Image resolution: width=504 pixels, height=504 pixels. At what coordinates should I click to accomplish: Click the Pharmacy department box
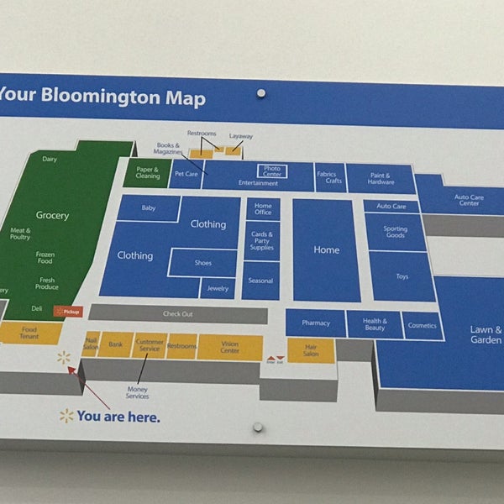click(x=316, y=323)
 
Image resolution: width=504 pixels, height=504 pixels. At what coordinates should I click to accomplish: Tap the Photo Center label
click(x=272, y=171)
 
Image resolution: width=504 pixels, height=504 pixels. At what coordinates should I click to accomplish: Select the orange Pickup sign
click(x=68, y=311)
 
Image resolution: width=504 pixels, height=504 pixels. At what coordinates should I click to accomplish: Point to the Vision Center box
click(x=229, y=347)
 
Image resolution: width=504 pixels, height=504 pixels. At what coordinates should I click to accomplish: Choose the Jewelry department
click(x=218, y=287)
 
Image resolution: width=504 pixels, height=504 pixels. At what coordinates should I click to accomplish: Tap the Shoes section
click(x=203, y=263)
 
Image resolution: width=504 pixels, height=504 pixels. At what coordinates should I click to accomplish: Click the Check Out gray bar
click(x=177, y=314)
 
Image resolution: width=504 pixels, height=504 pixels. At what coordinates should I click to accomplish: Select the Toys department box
click(x=402, y=276)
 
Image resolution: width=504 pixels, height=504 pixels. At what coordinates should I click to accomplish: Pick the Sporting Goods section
click(x=395, y=232)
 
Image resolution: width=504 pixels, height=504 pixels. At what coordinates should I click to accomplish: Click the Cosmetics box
click(x=423, y=325)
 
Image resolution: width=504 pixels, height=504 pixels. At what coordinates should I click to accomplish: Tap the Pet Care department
click(x=186, y=175)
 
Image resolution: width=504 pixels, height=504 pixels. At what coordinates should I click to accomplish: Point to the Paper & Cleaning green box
click(x=148, y=173)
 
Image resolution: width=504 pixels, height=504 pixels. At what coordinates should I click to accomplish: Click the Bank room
click(x=116, y=344)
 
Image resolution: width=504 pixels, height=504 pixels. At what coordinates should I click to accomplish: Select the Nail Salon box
click(x=91, y=344)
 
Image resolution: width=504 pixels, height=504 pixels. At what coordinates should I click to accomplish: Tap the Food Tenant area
click(x=29, y=333)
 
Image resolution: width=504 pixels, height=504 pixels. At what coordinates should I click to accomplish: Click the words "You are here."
click(x=118, y=416)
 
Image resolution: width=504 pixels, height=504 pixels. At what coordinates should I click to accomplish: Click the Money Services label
click(x=137, y=392)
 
